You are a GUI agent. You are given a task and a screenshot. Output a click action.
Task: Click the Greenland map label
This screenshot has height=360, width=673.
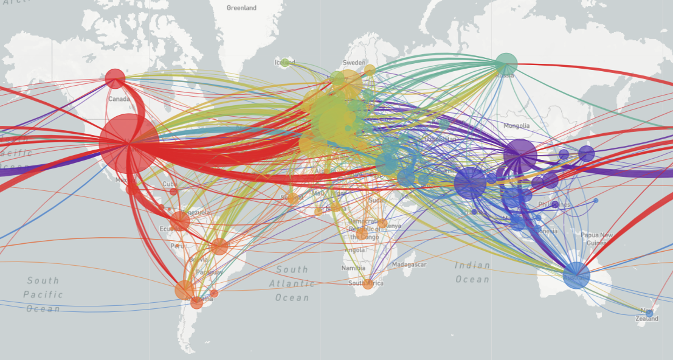(x=241, y=8)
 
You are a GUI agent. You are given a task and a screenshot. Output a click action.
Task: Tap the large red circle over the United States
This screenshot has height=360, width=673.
(x=129, y=143)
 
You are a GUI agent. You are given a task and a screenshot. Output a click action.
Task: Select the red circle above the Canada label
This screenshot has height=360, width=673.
(x=115, y=78)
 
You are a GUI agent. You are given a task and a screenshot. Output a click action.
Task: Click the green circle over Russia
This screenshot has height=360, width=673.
(x=506, y=63)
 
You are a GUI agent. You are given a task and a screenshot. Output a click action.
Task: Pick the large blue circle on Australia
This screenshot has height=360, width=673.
(x=576, y=275)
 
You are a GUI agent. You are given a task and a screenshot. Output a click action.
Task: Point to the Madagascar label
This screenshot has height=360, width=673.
(x=409, y=265)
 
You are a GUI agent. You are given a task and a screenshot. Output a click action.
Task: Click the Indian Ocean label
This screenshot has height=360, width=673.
(x=472, y=272)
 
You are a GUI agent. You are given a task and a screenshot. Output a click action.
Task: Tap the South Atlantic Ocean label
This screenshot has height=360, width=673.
(x=292, y=283)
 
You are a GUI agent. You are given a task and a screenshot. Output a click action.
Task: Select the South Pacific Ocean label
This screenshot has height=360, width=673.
(x=43, y=294)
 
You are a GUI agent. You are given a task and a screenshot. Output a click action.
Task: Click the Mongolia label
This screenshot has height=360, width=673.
(x=517, y=126)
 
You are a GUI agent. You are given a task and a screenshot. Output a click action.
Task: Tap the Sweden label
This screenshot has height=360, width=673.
(x=354, y=63)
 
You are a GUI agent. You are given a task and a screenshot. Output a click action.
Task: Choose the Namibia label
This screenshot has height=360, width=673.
(x=353, y=268)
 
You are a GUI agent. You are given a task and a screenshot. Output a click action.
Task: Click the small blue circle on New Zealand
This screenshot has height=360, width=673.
(x=649, y=313)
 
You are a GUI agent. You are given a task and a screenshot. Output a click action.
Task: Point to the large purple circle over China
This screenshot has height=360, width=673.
(x=520, y=156)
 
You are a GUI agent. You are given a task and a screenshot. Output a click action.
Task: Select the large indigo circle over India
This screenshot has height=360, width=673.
(x=470, y=182)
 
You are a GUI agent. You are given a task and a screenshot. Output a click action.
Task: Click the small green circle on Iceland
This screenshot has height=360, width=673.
(x=285, y=62)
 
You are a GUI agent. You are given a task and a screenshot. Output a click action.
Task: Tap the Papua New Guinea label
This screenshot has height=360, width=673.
(x=596, y=239)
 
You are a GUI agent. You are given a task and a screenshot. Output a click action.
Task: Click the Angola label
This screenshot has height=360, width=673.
(x=354, y=250)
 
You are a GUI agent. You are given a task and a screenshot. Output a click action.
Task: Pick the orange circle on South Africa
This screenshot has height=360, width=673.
(x=368, y=283)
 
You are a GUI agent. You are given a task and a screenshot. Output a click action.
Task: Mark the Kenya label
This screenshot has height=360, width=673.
(x=393, y=226)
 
